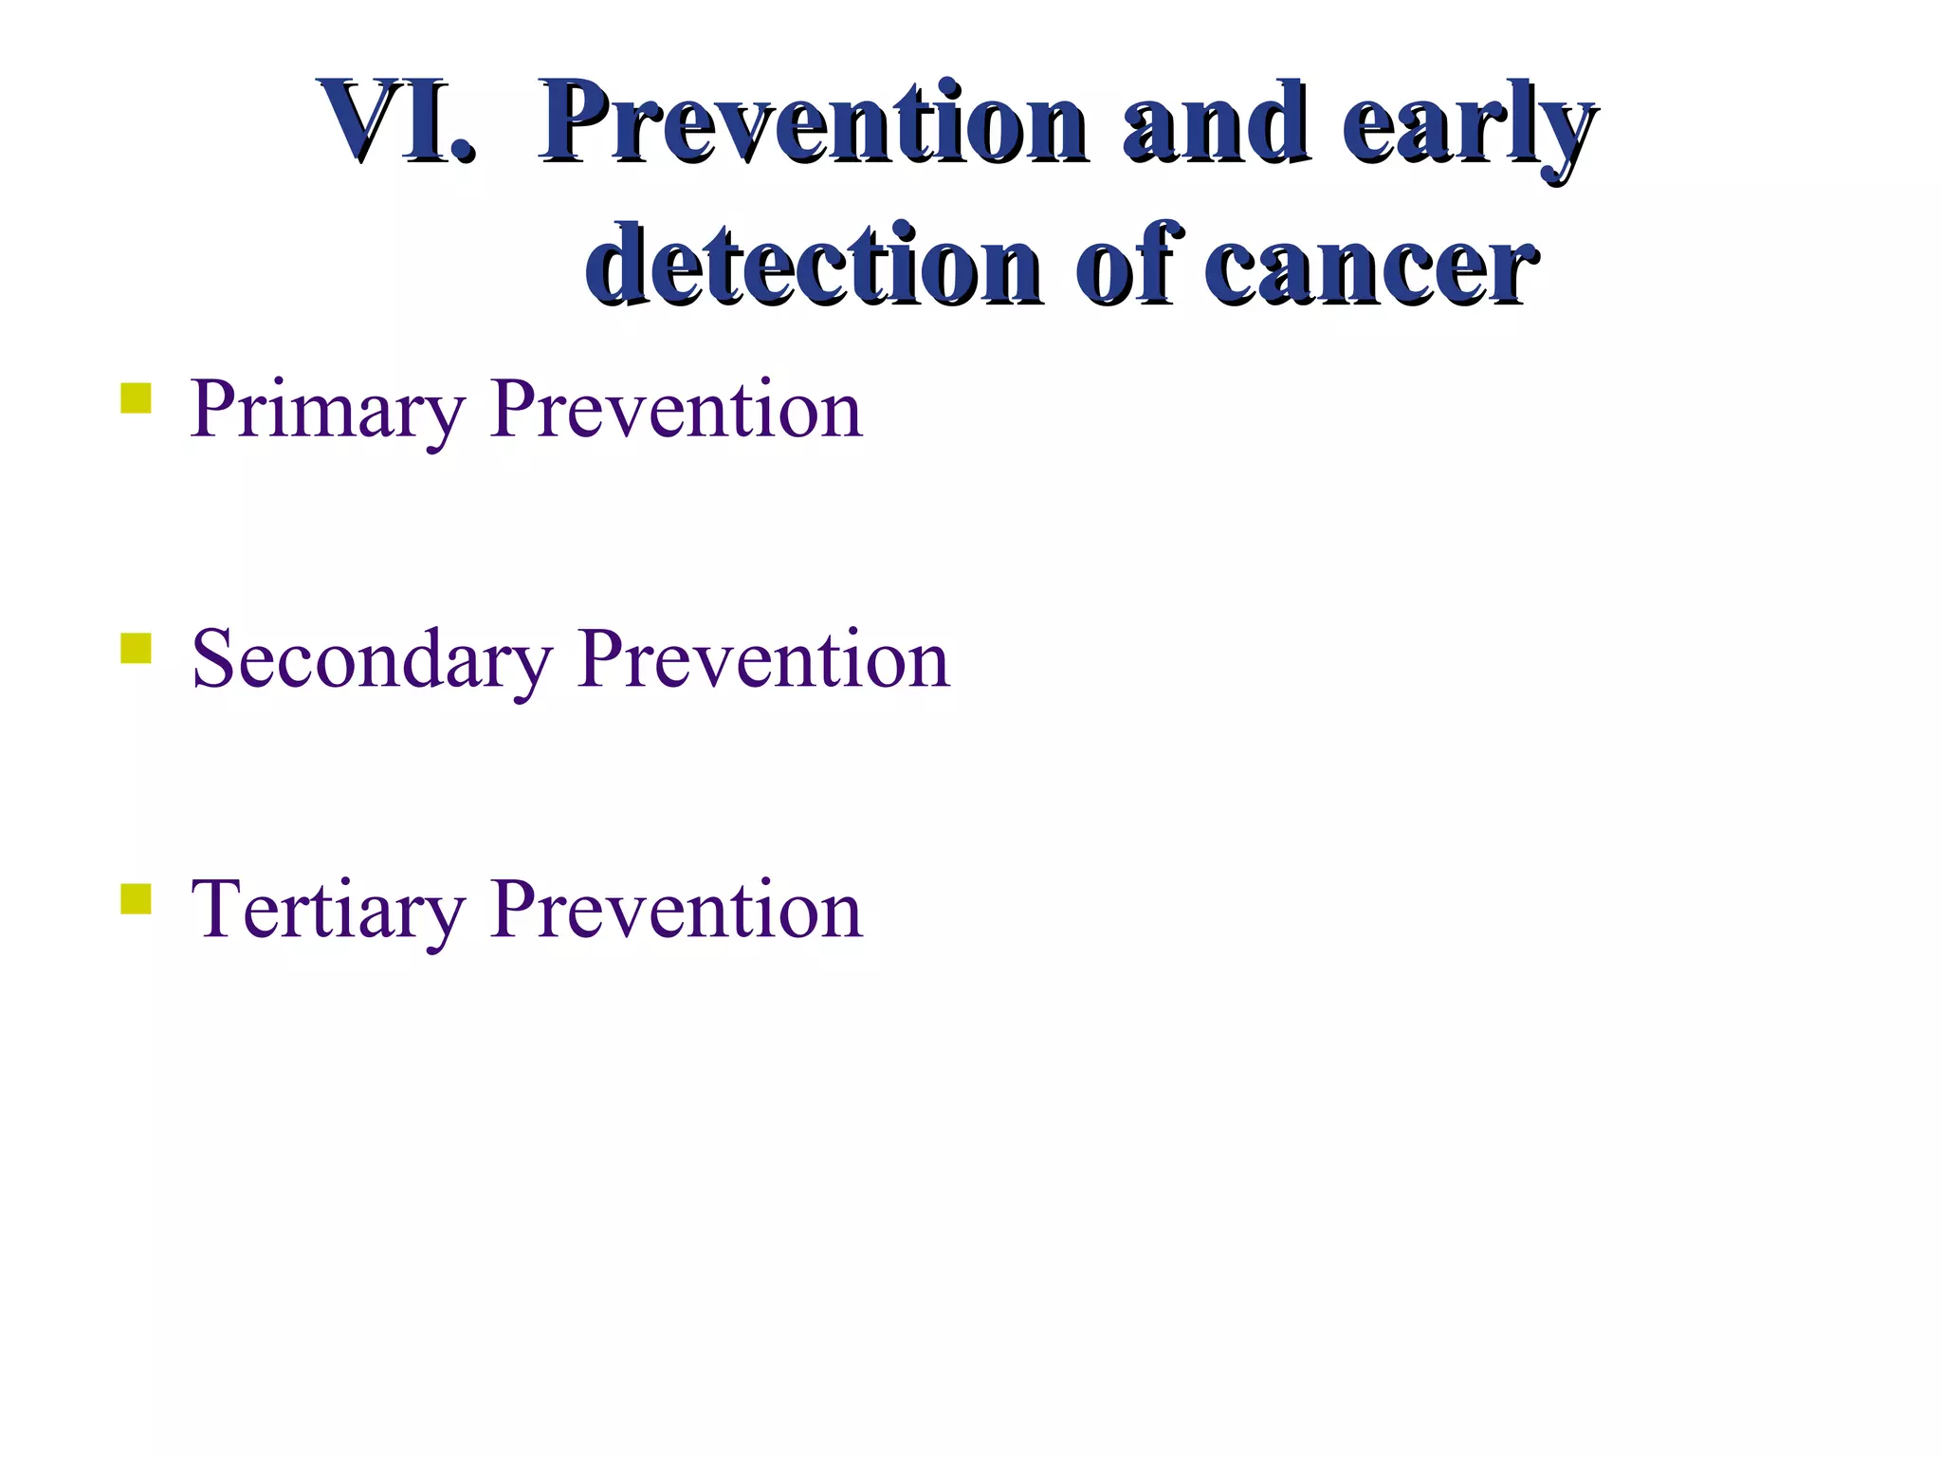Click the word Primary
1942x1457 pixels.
coord(327,411)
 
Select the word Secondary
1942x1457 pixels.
coord(371,660)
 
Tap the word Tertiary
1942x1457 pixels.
coord(327,911)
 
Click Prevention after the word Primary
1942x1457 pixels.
coord(676,409)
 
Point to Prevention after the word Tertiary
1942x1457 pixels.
coord(676,910)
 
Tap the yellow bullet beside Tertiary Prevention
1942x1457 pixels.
coord(136,898)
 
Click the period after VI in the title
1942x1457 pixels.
coord(461,152)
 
